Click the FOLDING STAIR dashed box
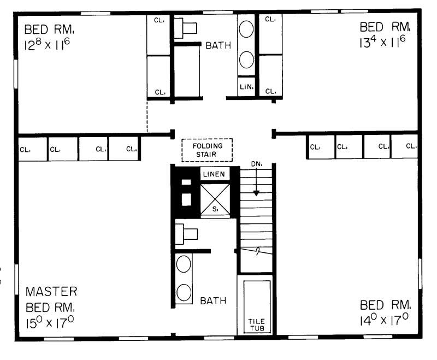[x=207, y=150]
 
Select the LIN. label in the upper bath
[x=246, y=86]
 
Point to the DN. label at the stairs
[x=256, y=163]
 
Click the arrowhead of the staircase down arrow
[x=256, y=193]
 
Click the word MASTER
[x=51, y=291]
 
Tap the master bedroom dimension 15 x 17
[x=50, y=322]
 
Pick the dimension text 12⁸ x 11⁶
[x=46, y=44]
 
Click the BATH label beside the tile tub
[x=213, y=300]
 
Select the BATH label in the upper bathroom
[x=218, y=46]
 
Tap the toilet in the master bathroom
[x=187, y=234]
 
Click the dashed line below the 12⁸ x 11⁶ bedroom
[x=147, y=116]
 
